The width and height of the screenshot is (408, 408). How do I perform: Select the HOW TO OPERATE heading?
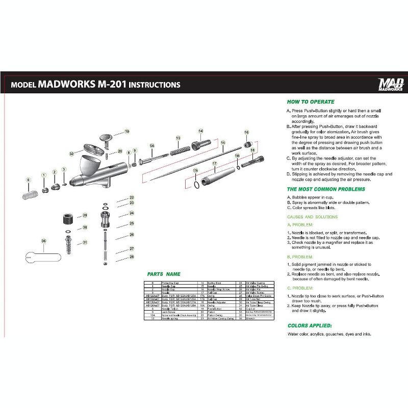[311, 101]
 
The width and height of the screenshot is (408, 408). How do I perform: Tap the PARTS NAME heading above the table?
[164, 274]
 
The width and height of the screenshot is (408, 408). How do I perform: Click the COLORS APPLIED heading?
[310, 325]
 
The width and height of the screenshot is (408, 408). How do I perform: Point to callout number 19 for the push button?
[127, 132]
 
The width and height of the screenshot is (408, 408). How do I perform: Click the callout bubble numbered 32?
[72, 154]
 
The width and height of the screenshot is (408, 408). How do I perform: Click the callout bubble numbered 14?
[200, 131]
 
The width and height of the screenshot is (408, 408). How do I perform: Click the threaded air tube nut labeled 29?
[68, 221]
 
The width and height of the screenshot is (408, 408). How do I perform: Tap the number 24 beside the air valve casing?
[132, 213]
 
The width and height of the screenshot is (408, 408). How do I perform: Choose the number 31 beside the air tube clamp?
[85, 242]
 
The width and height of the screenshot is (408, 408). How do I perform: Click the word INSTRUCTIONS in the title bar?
[154, 84]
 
